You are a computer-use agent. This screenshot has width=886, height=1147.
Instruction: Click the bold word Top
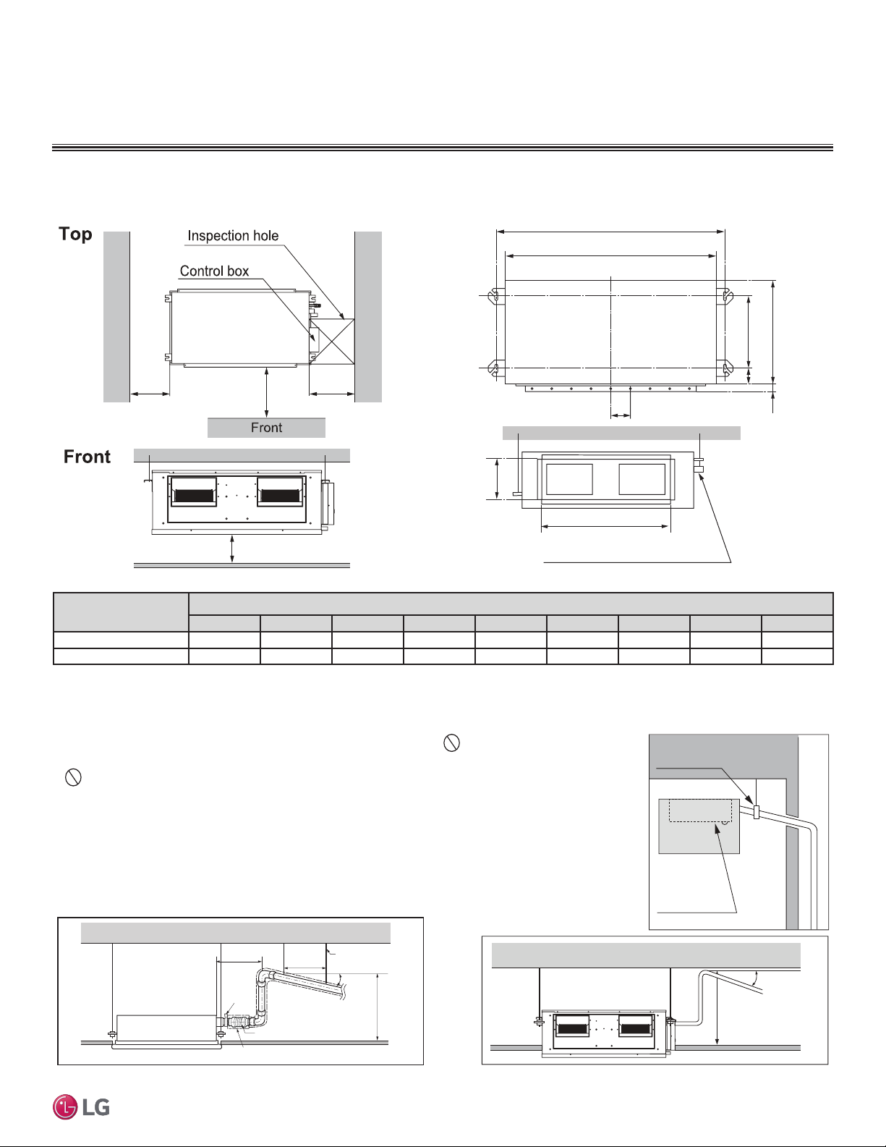[x=75, y=234]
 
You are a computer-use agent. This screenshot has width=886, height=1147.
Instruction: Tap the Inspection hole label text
[x=233, y=235]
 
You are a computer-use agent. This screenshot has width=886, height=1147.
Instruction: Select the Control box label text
[x=214, y=271]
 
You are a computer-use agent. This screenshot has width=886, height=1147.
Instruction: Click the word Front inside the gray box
[x=266, y=428]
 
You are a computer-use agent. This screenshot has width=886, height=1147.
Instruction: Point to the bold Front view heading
[x=87, y=457]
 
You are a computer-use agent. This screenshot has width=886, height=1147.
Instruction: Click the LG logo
[x=81, y=1107]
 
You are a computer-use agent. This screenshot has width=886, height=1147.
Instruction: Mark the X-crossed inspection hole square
[x=332, y=342]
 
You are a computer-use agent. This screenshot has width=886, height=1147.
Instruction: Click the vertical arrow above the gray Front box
[x=266, y=392]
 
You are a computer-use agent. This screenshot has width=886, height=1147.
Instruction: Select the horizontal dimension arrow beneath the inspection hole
[x=332, y=393]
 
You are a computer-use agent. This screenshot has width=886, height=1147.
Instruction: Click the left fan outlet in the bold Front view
[x=194, y=492]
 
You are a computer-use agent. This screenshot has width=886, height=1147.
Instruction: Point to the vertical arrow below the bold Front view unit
[x=232, y=549]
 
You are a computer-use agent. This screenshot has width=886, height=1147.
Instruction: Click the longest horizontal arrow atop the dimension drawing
[x=610, y=232]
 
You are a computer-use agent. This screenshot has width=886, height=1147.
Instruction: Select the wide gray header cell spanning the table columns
[x=511, y=604]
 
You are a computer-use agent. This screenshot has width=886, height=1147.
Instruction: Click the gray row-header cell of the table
[x=121, y=612]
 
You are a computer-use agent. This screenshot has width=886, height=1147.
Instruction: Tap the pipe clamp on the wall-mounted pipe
[x=757, y=812]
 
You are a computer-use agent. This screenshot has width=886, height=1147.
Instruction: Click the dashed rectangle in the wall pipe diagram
[x=700, y=810]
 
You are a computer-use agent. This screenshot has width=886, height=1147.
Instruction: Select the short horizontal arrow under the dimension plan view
[x=621, y=416]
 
